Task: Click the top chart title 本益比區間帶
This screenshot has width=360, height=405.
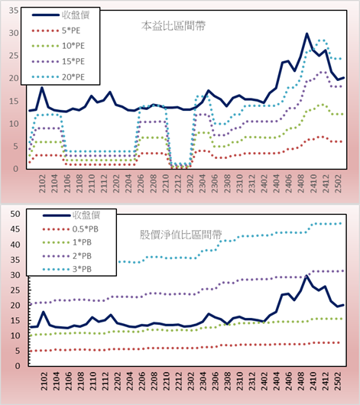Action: pyautogui.click(x=174, y=26)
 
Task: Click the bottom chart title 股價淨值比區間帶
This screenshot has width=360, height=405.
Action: pyautogui.click(x=180, y=235)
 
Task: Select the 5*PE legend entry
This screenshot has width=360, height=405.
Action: pyautogui.click(x=56, y=31)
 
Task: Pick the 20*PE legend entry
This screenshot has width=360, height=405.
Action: pyautogui.click(x=58, y=77)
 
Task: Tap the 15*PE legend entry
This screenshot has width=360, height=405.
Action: pyautogui.click(x=58, y=61)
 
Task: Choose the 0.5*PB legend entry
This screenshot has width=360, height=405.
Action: pyautogui.click(x=70, y=229)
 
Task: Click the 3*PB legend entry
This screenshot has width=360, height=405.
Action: pyautogui.click(x=67, y=269)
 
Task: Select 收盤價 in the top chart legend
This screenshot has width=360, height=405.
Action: pyautogui.click(x=60, y=15)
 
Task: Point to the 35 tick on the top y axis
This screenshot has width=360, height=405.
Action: pyautogui.click(x=14, y=11)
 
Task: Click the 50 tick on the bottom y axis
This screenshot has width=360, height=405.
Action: pyautogui.click(x=15, y=214)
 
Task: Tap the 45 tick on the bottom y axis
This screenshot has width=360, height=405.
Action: pyautogui.click(x=15, y=229)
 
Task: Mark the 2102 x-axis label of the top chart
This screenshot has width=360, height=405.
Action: pyautogui.click(x=42, y=183)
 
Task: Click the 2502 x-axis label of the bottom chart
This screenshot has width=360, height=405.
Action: pyautogui.click(x=338, y=381)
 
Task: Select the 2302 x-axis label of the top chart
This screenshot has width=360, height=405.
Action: pyautogui.click(x=190, y=183)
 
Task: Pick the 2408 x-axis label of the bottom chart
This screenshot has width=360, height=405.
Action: pyautogui.click(x=300, y=381)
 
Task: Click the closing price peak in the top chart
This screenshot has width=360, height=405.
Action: pyautogui.click(x=306, y=34)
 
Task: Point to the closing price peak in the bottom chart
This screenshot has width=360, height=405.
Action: pyautogui.click(x=306, y=276)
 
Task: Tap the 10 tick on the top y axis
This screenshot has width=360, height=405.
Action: pyautogui.click(x=14, y=124)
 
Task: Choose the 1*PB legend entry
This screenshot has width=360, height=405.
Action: pyautogui.click(x=67, y=242)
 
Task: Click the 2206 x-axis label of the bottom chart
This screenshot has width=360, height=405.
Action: pyautogui.click(x=141, y=381)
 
